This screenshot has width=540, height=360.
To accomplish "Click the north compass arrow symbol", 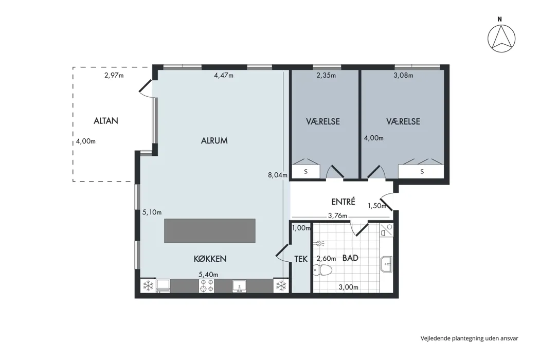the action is (x=501, y=39).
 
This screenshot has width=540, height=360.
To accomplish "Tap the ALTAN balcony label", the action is (x=106, y=121).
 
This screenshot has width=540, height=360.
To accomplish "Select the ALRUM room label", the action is (x=214, y=140).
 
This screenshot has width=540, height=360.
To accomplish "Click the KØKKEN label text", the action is (x=210, y=259).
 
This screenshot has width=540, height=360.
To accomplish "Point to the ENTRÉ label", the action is (x=343, y=202).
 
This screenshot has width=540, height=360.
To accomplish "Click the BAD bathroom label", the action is (x=350, y=258).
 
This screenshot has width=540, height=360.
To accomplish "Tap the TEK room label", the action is (x=301, y=259).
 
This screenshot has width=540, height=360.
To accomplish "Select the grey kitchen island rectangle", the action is (x=210, y=230).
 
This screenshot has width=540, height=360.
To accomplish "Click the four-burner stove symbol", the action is (x=206, y=285).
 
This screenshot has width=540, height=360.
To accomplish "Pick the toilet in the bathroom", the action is (x=322, y=270).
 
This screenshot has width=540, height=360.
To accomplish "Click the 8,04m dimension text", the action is (x=278, y=175).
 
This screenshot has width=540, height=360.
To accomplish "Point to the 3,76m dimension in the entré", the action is (x=337, y=216).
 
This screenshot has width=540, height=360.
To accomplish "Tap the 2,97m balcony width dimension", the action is (x=114, y=75).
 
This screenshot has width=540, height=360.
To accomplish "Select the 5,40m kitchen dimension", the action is (x=208, y=275).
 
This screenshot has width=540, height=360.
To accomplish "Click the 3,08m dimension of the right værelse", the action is (x=403, y=75).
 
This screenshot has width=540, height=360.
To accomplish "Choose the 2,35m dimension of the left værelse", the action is (x=326, y=75).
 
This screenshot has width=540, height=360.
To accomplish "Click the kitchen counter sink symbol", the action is (x=240, y=286).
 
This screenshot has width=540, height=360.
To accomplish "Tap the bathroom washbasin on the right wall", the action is (x=387, y=264).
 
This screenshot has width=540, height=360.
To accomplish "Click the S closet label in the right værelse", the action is (x=422, y=172).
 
